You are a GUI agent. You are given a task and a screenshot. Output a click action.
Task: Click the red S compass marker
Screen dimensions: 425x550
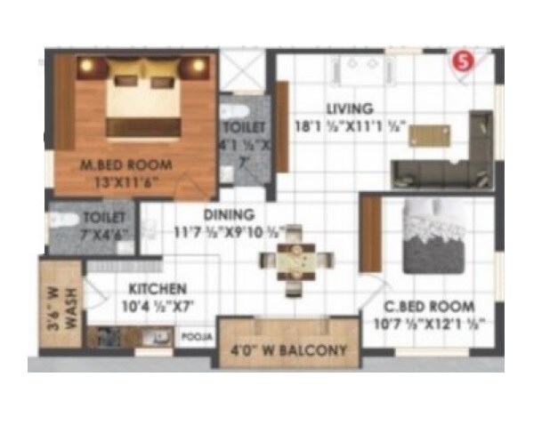462,61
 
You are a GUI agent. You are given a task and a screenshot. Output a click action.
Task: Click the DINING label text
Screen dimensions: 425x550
230,214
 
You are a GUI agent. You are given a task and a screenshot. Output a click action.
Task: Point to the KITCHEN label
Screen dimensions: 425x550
157,289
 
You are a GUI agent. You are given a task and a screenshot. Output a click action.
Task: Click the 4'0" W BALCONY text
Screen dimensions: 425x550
289,350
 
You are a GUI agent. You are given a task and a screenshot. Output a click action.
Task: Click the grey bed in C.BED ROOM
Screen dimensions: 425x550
436,235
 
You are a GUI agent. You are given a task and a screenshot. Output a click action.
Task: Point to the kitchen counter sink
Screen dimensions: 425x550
160,336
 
